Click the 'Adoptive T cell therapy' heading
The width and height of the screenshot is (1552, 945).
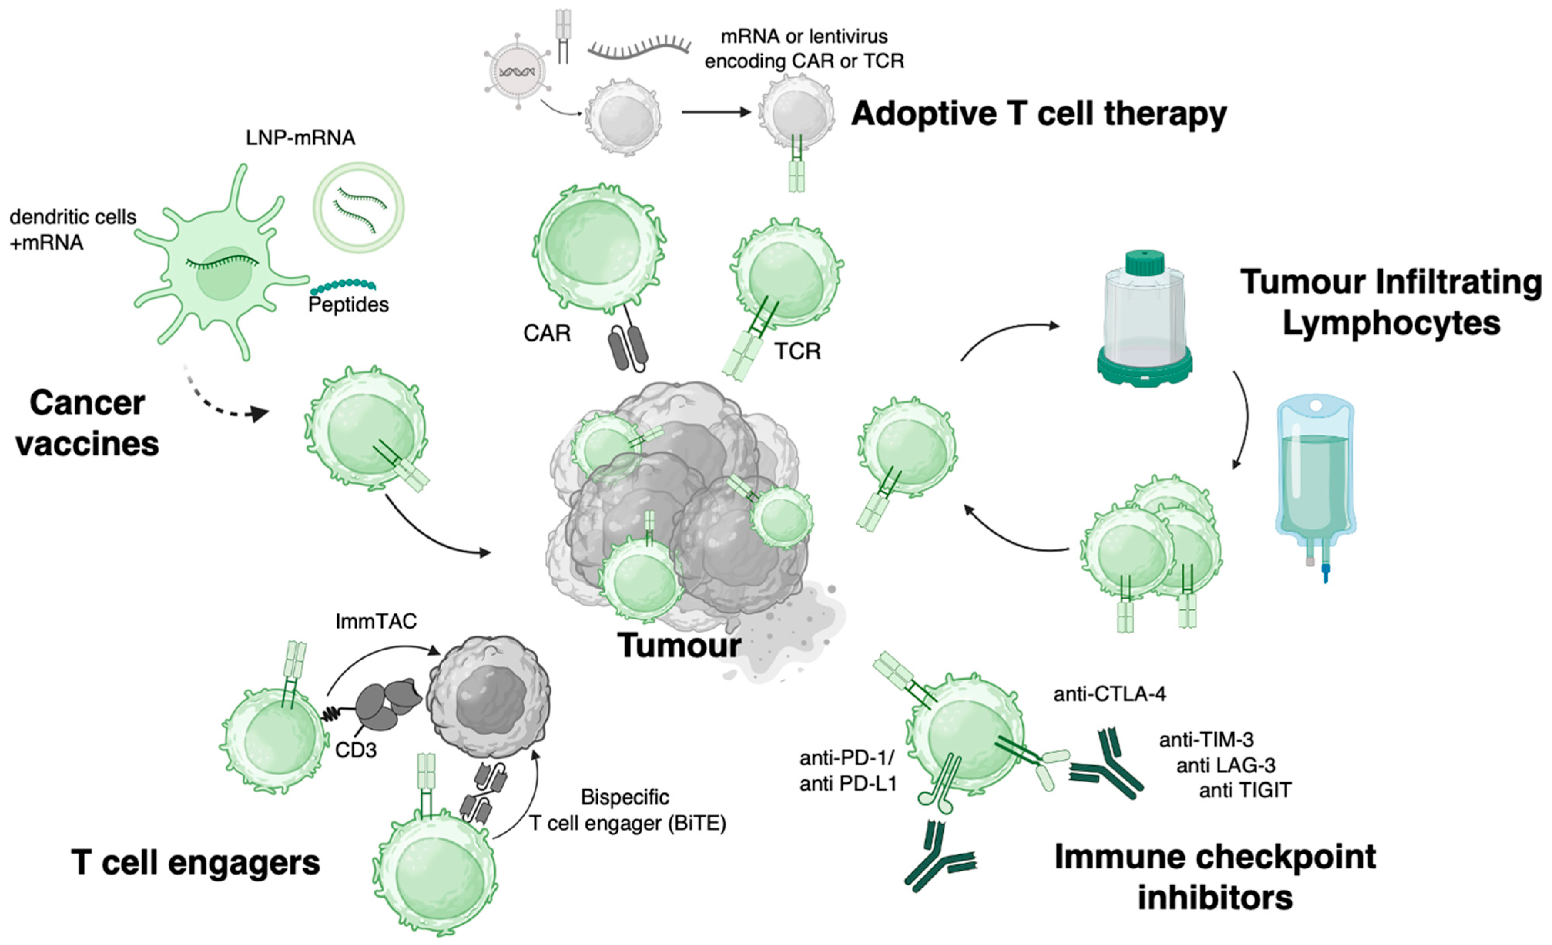pos(1038,115)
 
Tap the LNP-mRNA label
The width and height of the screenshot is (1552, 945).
pos(300,138)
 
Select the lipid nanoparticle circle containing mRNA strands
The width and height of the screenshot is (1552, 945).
pos(359,208)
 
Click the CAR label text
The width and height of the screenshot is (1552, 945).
pos(547,332)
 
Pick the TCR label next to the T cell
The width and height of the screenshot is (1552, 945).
pos(798,351)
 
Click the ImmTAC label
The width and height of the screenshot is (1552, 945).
pos(376,622)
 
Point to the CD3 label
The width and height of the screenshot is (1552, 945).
pos(356,750)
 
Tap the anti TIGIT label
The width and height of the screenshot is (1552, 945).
pos(1245,790)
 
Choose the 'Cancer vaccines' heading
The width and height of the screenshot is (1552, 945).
pos(87,423)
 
